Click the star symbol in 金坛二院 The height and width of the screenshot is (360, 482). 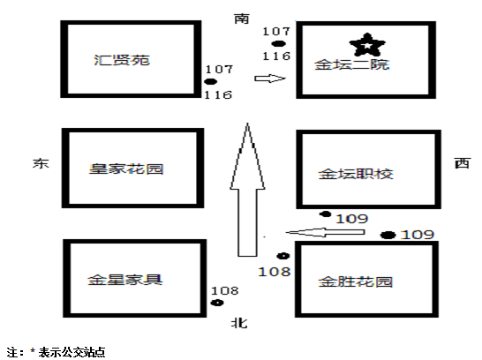pos(367,45)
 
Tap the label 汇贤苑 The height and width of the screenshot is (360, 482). pos(122,60)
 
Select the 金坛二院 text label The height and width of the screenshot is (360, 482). pos(352,64)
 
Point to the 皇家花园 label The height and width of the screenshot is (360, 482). pos(126,169)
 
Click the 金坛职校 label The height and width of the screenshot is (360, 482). pos(356,174)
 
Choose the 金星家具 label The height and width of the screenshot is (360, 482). pos(124,280)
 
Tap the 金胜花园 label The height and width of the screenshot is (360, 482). pos(356,281)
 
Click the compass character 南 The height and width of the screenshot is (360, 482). pos(242,19)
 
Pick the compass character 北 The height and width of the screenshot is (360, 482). pos(239,323)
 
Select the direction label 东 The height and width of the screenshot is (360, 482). pos(41,163)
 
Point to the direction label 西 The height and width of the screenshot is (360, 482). pos(463,163)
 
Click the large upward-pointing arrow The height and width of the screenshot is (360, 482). pos(247,190)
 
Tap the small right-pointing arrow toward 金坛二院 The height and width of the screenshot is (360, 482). pos(270,79)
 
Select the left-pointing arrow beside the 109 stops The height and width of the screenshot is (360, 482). pos(325,232)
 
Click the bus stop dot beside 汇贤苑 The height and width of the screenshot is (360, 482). pos(211,81)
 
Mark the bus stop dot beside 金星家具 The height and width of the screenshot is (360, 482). pos(217,303)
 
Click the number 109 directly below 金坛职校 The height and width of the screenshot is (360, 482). pos(352,219)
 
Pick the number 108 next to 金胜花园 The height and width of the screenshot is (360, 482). pos(275,272)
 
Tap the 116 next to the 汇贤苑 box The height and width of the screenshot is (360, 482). pos(218,95)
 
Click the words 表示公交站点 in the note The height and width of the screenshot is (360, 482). pos(72,352)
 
